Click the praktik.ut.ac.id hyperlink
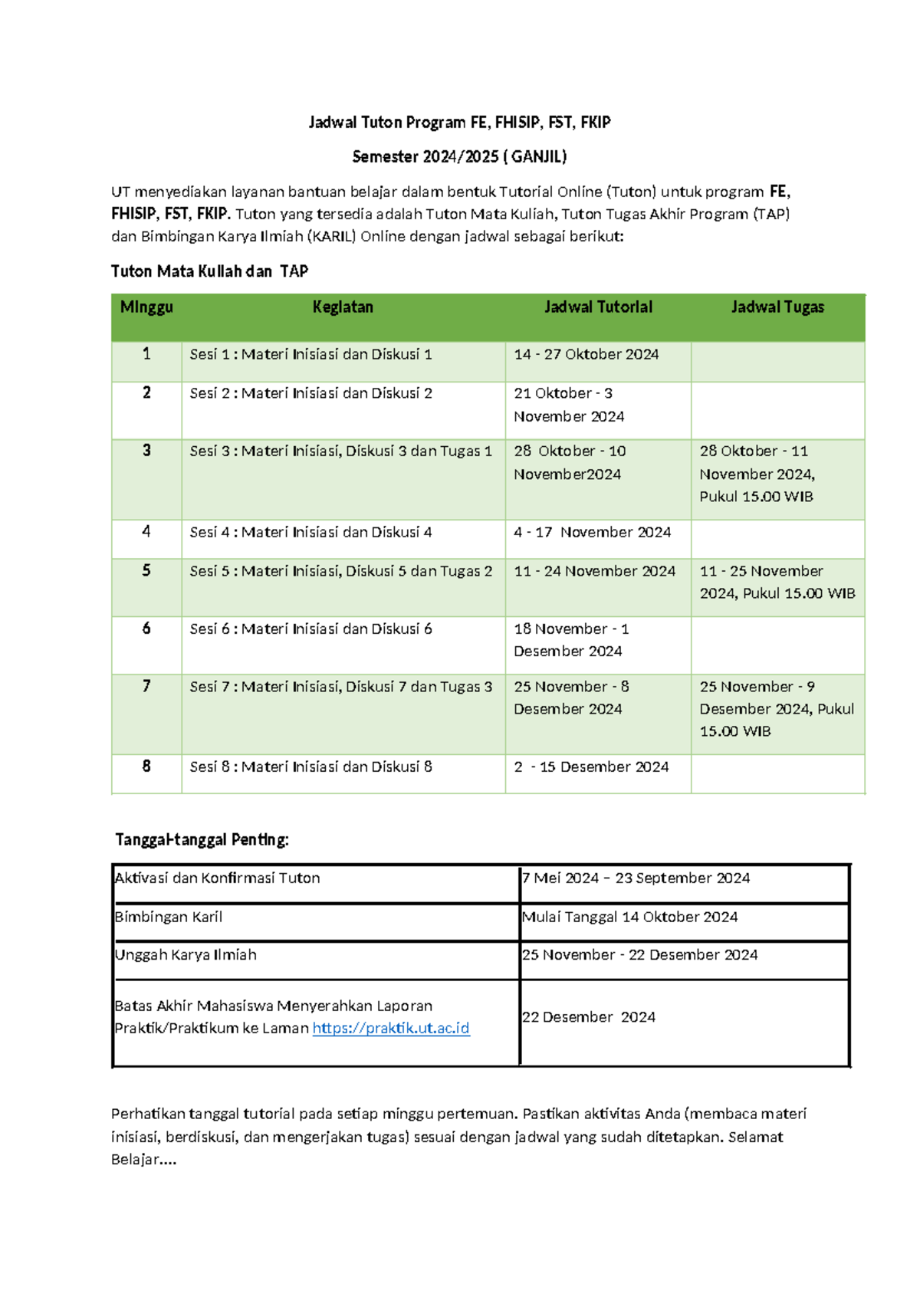391,1028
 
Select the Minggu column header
146,307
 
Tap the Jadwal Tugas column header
777,307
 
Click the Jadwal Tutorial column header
598,307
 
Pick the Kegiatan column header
343,307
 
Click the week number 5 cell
146,571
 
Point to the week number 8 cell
146,767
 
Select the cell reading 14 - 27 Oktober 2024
586,354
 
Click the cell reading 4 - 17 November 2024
593,532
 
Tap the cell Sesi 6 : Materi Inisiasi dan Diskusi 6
311,629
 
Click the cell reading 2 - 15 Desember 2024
591,767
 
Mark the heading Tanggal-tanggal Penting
202,839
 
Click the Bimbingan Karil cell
169,917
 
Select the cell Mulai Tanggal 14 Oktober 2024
630,917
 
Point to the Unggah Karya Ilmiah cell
186,955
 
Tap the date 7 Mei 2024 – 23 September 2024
636,878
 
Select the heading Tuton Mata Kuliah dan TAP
209,271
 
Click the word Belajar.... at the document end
144,1159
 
